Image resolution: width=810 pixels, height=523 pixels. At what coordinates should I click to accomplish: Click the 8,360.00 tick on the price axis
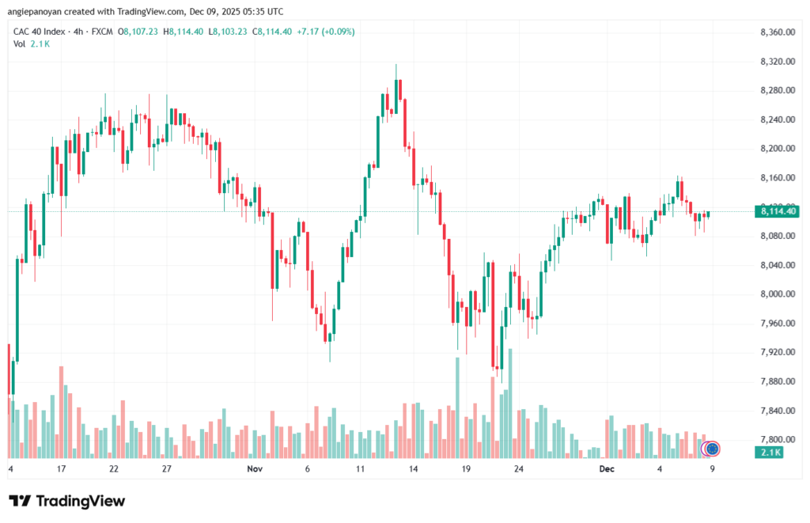tap(776, 32)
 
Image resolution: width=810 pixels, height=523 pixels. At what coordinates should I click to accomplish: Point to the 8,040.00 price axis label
tap(776, 265)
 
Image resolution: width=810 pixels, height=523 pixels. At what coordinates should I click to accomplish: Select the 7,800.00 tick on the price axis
tap(776, 440)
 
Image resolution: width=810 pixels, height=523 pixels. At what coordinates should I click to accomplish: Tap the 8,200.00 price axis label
tap(776, 149)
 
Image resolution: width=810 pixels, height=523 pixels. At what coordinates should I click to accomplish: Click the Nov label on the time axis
tap(254, 468)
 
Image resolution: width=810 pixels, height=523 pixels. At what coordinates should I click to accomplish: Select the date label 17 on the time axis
tap(61, 468)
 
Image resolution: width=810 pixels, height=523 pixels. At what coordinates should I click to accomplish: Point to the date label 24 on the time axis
tap(519, 468)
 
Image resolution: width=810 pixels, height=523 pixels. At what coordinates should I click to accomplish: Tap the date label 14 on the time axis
tap(413, 468)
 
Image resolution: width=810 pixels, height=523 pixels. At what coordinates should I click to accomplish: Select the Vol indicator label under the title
tap(19, 44)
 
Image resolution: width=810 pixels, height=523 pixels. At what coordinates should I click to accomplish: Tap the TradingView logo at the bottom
tap(66, 501)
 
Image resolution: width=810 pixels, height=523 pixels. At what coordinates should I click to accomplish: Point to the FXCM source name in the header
tap(101, 32)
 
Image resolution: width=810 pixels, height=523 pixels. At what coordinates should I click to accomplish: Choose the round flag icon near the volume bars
tap(712, 449)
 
